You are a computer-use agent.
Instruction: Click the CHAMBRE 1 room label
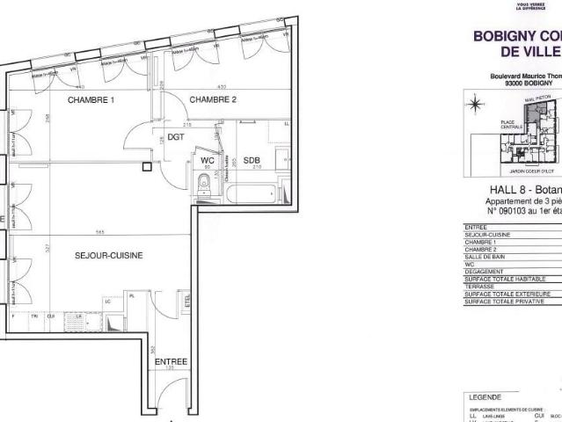[91, 99]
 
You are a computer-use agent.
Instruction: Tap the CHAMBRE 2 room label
[214, 99]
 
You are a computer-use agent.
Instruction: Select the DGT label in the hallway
[176, 138]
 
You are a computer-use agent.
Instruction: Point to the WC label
[208, 161]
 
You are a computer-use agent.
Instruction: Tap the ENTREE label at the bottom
[171, 361]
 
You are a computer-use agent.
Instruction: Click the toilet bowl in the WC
[204, 184]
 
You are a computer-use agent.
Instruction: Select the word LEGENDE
[486, 397]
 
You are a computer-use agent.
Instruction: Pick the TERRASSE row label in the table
[480, 287]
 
